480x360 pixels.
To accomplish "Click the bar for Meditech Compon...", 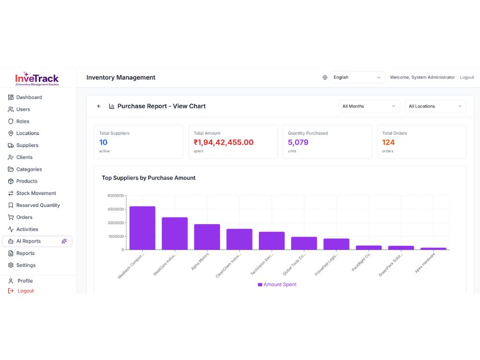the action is click(143, 228).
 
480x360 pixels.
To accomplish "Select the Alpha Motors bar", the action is click(207, 237).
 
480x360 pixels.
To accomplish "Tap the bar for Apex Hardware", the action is click(433, 249).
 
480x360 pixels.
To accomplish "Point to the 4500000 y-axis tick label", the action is click(115, 209).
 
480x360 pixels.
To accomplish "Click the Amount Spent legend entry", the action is click(277, 284).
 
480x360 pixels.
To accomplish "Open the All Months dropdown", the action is click(369, 106).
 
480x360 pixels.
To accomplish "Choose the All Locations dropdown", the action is click(435, 106).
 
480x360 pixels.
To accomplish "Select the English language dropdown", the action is click(357, 77).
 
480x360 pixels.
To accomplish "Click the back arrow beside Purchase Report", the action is click(99, 106).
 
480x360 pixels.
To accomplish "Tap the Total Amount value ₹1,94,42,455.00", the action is click(224, 143).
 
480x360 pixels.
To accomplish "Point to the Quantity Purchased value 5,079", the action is click(298, 143).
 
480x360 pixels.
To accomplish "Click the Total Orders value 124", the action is click(388, 143).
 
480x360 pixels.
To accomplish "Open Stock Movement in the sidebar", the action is click(36, 193).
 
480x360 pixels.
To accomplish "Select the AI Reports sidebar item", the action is click(37, 241).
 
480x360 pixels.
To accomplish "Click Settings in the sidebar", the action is click(26, 265).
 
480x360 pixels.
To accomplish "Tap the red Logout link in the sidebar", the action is click(25, 291).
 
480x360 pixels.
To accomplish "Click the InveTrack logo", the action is click(37, 79).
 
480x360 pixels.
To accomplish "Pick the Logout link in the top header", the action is click(467, 77).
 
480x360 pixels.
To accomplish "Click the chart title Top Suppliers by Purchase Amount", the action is click(148, 178).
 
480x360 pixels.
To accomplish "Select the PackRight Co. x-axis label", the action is click(361, 262).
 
